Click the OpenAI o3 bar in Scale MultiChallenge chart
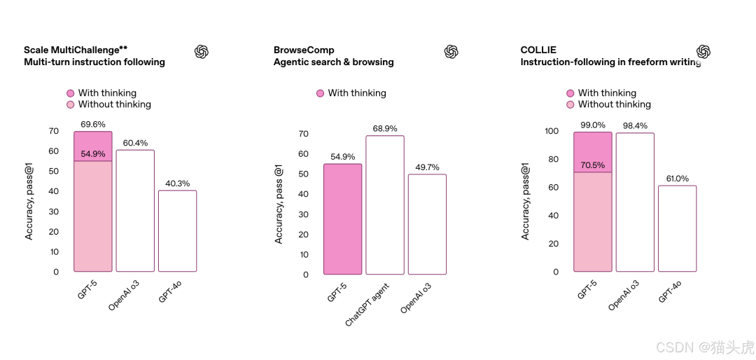pos(135,210)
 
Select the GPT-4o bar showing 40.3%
pos(177,230)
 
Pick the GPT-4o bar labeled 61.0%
pos(677,228)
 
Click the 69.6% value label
pos(93,124)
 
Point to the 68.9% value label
pos(385,129)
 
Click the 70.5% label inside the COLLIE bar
pos(593,165)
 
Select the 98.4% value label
pos(635,125)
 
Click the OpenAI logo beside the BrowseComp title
pos(451,52)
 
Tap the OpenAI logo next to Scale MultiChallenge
pos(202,52)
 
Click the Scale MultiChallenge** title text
pos(76,50)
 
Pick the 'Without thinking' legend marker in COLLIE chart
pos(570,104)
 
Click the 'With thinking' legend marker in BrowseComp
pos(320,93)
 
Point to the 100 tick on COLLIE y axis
pos(552,131)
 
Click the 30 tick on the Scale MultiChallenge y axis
pos(54,212)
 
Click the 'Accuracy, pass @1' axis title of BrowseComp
pos(279,204)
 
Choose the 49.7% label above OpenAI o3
pos(427,167)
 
